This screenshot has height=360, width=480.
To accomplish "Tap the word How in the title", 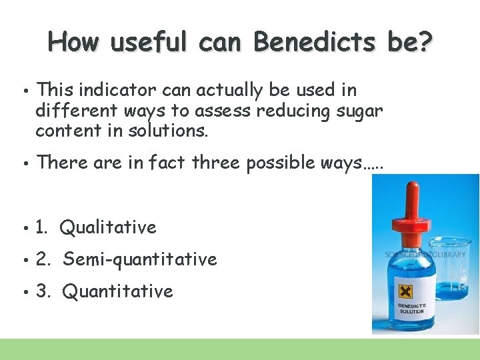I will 73,42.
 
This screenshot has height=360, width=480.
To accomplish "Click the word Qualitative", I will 108,227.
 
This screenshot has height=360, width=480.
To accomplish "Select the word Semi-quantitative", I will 140,259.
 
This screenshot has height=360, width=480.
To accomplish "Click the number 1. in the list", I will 42,227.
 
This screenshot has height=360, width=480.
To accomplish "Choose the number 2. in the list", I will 43,259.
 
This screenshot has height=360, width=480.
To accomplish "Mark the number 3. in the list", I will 43,291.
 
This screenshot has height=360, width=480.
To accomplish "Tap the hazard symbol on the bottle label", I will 404,291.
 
